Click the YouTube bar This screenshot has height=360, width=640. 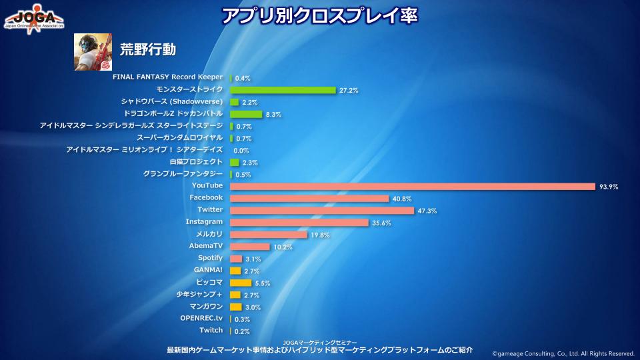pos(412,186)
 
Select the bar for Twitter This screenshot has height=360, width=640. pos(322,210)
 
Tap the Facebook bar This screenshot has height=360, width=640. pos(309,198)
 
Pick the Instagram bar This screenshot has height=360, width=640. pos(299,222)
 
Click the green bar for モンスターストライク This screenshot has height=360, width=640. pos(283,90)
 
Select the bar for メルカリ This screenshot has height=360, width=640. pos(268,234)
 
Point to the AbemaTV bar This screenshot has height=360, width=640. pos(250,246)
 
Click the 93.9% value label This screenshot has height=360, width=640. pos(609,187)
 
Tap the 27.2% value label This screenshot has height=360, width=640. pos(349,90)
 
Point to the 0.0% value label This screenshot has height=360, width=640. pos(241,151)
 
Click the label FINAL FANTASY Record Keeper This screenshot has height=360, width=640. pos(167,77)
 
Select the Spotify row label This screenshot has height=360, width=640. pos(210,258)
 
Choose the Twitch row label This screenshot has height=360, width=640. pos(211,330)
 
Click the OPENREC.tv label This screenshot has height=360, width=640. pos(201,318)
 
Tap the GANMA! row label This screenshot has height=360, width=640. pos(208,270)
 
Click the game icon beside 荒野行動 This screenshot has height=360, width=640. pos(92,52)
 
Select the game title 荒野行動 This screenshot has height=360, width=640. pos(147,50)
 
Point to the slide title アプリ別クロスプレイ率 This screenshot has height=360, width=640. pos(319,15)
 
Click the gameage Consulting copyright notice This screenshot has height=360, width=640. pos(563,353)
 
